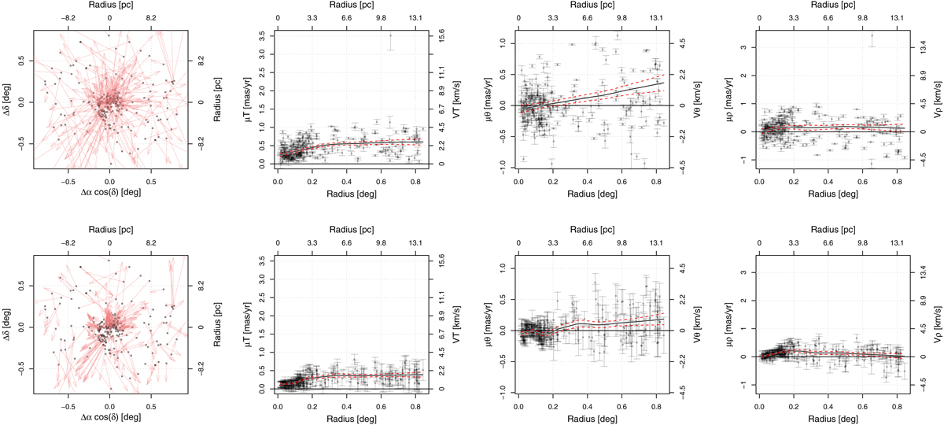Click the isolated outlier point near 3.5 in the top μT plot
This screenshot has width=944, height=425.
(390, 35)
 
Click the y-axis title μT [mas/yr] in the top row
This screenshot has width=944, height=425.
(256, 98)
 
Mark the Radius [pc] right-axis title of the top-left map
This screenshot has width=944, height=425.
(212, 98)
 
